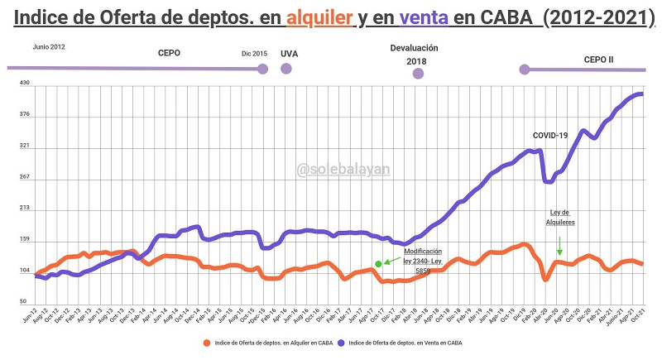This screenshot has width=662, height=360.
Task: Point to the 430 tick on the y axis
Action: [x=25, y=83]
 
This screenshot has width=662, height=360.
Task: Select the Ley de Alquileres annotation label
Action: [x=560, y=218]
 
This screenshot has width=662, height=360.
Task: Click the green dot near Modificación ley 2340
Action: [x=378, y=263]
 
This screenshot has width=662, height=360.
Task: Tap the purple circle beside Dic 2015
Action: [x=262, y=68]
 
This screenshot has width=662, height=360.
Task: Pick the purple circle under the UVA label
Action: [x=286, y=69]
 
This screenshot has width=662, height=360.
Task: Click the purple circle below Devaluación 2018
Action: [x=418, y=74]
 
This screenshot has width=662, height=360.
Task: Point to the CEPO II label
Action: [x=598, y=60]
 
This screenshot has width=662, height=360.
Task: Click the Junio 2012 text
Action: [x=50, y=47]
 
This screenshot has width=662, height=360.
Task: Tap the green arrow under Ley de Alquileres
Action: [x=559, y=246]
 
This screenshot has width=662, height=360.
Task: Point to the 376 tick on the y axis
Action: [x=25, y=114]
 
